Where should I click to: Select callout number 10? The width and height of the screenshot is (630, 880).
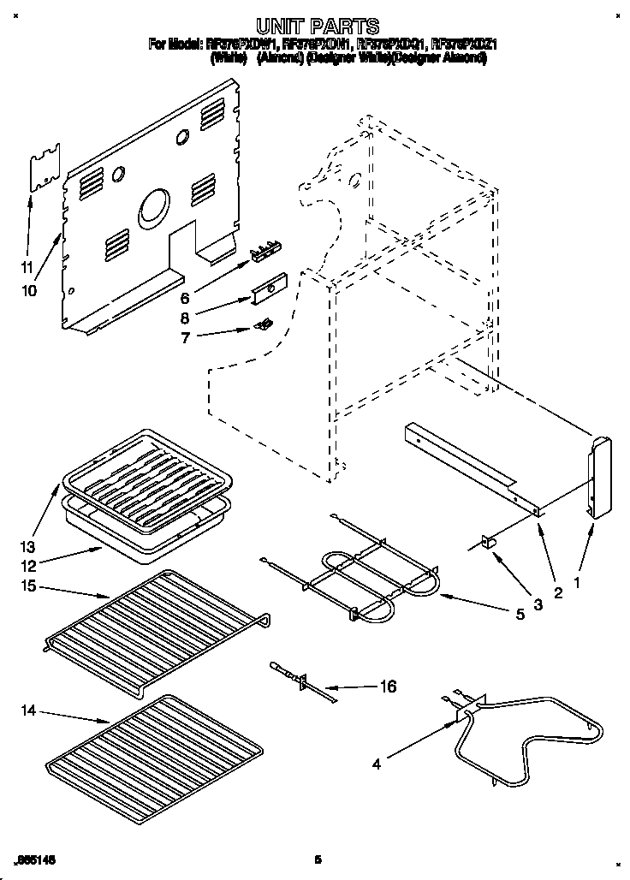(29, 290)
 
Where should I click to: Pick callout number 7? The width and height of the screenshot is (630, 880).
(185, 337)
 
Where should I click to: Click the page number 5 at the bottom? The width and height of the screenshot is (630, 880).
(317, 859)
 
